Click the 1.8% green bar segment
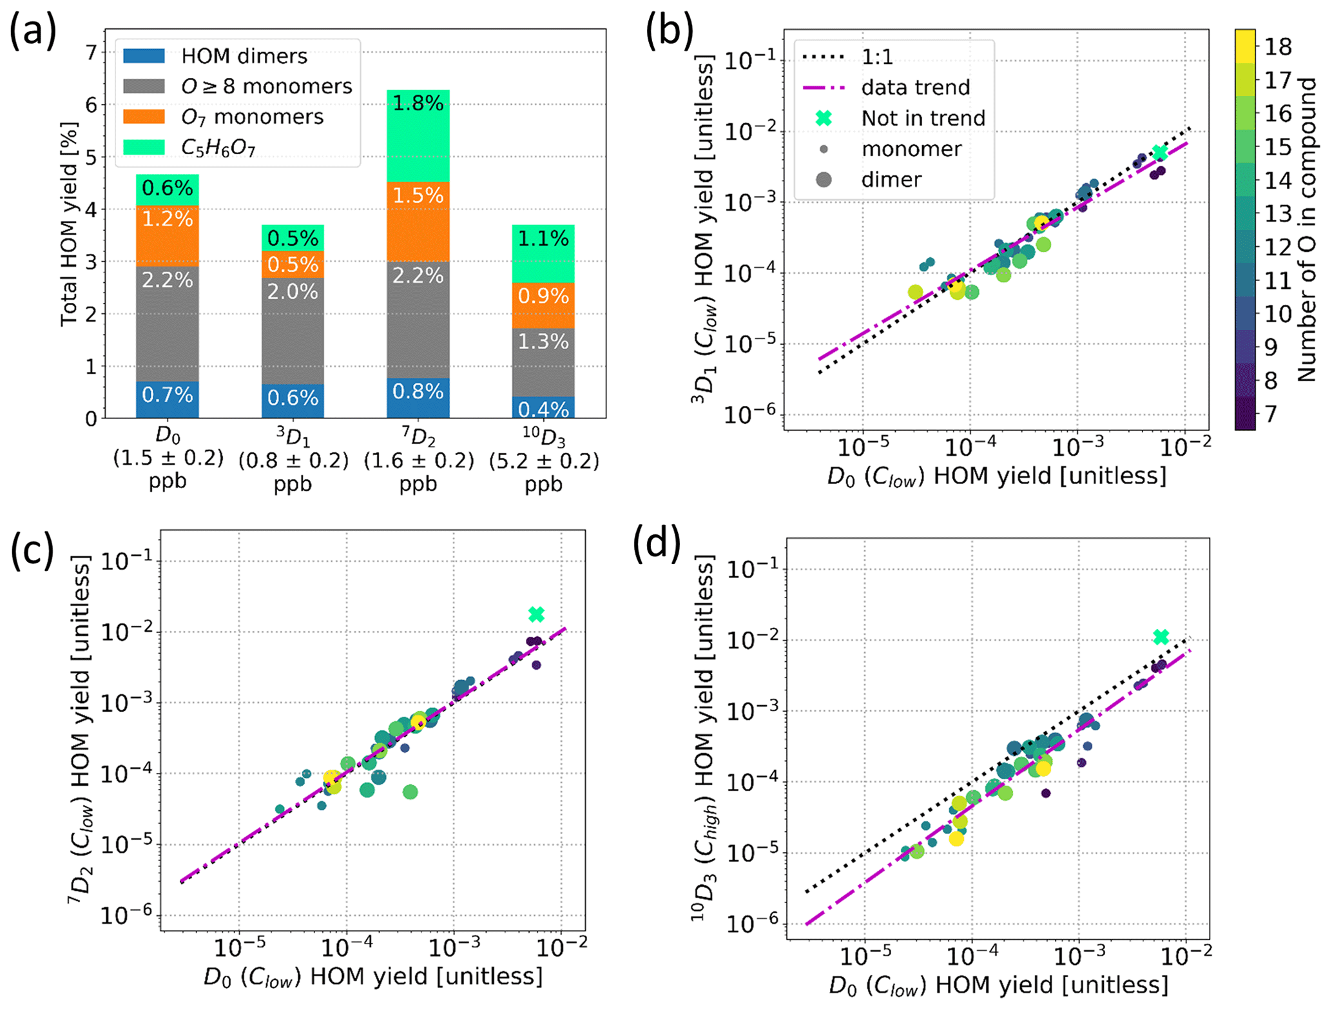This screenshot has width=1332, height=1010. pyautogui.click(x=418, y=135)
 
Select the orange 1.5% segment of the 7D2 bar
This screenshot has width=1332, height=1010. pyautogui.click(x=418, y=221)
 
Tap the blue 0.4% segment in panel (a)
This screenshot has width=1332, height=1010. pyautogui.click(x=543, y=407)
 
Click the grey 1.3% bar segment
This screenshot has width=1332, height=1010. pyautogui.click(x=543, y=362)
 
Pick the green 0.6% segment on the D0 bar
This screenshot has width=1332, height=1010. pyautogui.click(x=168, y=189)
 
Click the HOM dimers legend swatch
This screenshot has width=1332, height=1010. pyautogui.click(x=144, y=55)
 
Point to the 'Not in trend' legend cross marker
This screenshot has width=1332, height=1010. pyautogui.click(x=824, y=118)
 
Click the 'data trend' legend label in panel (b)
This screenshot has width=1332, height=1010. pyautogui.click(x=915, y=87)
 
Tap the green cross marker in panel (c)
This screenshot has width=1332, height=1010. pyautogui.click(x=536, y=614)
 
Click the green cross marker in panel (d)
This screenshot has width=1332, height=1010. pyautogui.click(x=1161, y=637)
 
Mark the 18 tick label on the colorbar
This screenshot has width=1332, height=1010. pyautogui.click(x=1278, y=46)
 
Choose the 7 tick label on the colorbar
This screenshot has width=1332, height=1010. pyautogui.click(x=1270, y=413)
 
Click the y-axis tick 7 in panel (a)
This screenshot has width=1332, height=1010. pyautogui.click(x=92, y=52)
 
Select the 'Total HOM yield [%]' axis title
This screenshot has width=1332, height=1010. pyautogui.click(x=70, y=224)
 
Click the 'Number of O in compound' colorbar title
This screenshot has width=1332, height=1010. pyautogui.click(x=1307, y=229)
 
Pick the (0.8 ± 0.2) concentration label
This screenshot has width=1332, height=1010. pyautogui.click(x=293, y=461)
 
